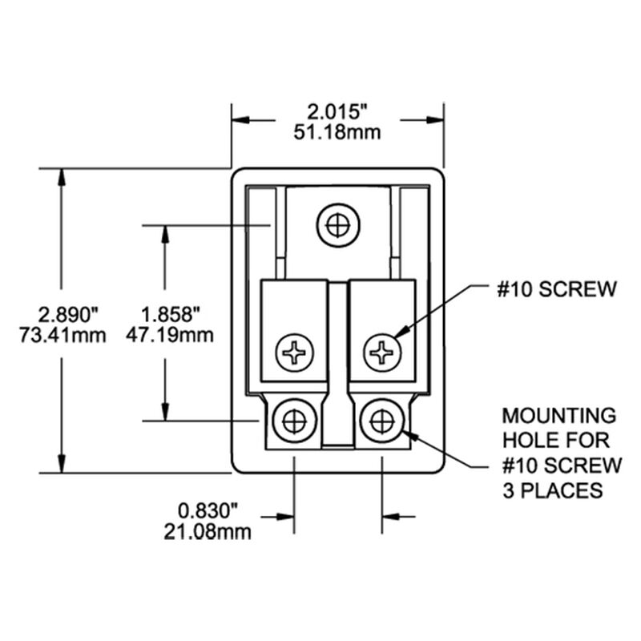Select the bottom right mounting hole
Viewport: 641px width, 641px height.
pos(381,420)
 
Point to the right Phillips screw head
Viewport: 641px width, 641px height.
pos(383,351)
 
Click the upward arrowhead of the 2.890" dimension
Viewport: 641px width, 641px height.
pos(61,178)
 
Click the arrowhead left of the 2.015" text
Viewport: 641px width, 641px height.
pos(241,120)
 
